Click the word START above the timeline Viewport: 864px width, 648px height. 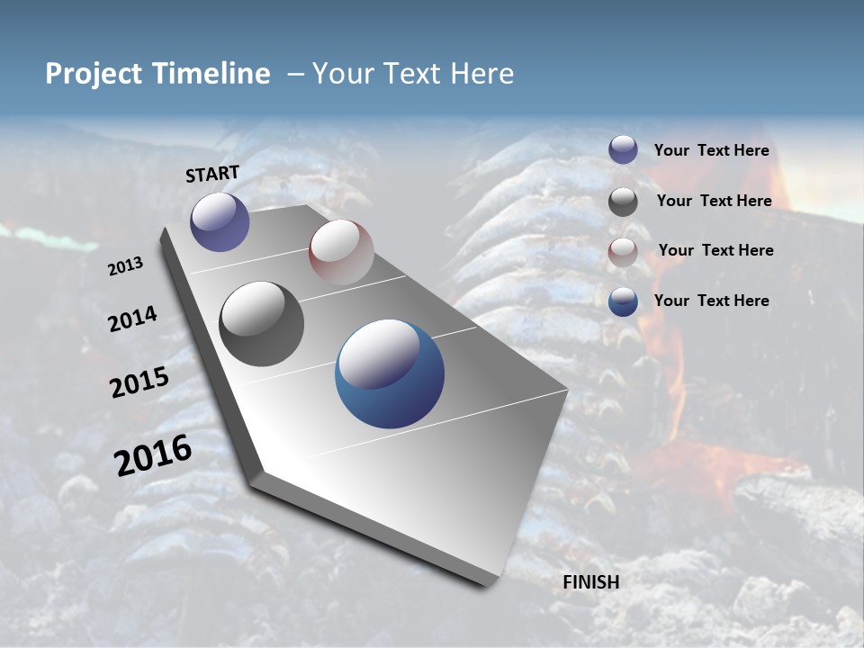(212, 174)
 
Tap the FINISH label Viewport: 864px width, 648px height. (591, 582)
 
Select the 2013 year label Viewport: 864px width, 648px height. (126, 266)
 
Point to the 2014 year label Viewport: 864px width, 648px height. (132, 319)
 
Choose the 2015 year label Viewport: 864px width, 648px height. (139, 382)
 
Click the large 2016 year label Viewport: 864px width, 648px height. (153, 455)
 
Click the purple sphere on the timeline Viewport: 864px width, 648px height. (220, 221)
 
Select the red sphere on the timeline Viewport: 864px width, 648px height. (341, 252)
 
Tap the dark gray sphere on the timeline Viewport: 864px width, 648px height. (261, 324)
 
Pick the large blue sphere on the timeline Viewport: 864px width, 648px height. (390, 373)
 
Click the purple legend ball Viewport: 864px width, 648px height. (623, 149)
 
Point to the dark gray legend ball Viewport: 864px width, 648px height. (623, 202)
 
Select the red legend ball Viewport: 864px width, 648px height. (623, 252)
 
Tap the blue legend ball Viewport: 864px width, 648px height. (623, 301)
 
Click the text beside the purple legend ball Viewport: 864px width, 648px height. (711, 151)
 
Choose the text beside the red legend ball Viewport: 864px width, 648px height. (715, 250)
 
